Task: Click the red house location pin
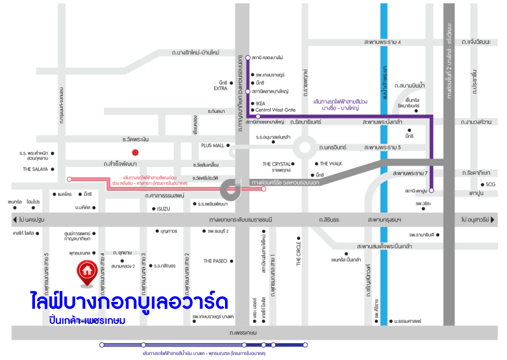coord(87,271)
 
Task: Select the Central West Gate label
coord(275,110)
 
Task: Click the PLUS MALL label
coord(213,145)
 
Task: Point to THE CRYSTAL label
coord(276,164)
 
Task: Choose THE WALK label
coord(332,164)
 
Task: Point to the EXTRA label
coord(221,89)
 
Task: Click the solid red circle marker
coord(135,152)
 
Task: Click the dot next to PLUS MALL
coord(228,145)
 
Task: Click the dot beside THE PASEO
coord(231,261)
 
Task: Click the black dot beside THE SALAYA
coord(52,169)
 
